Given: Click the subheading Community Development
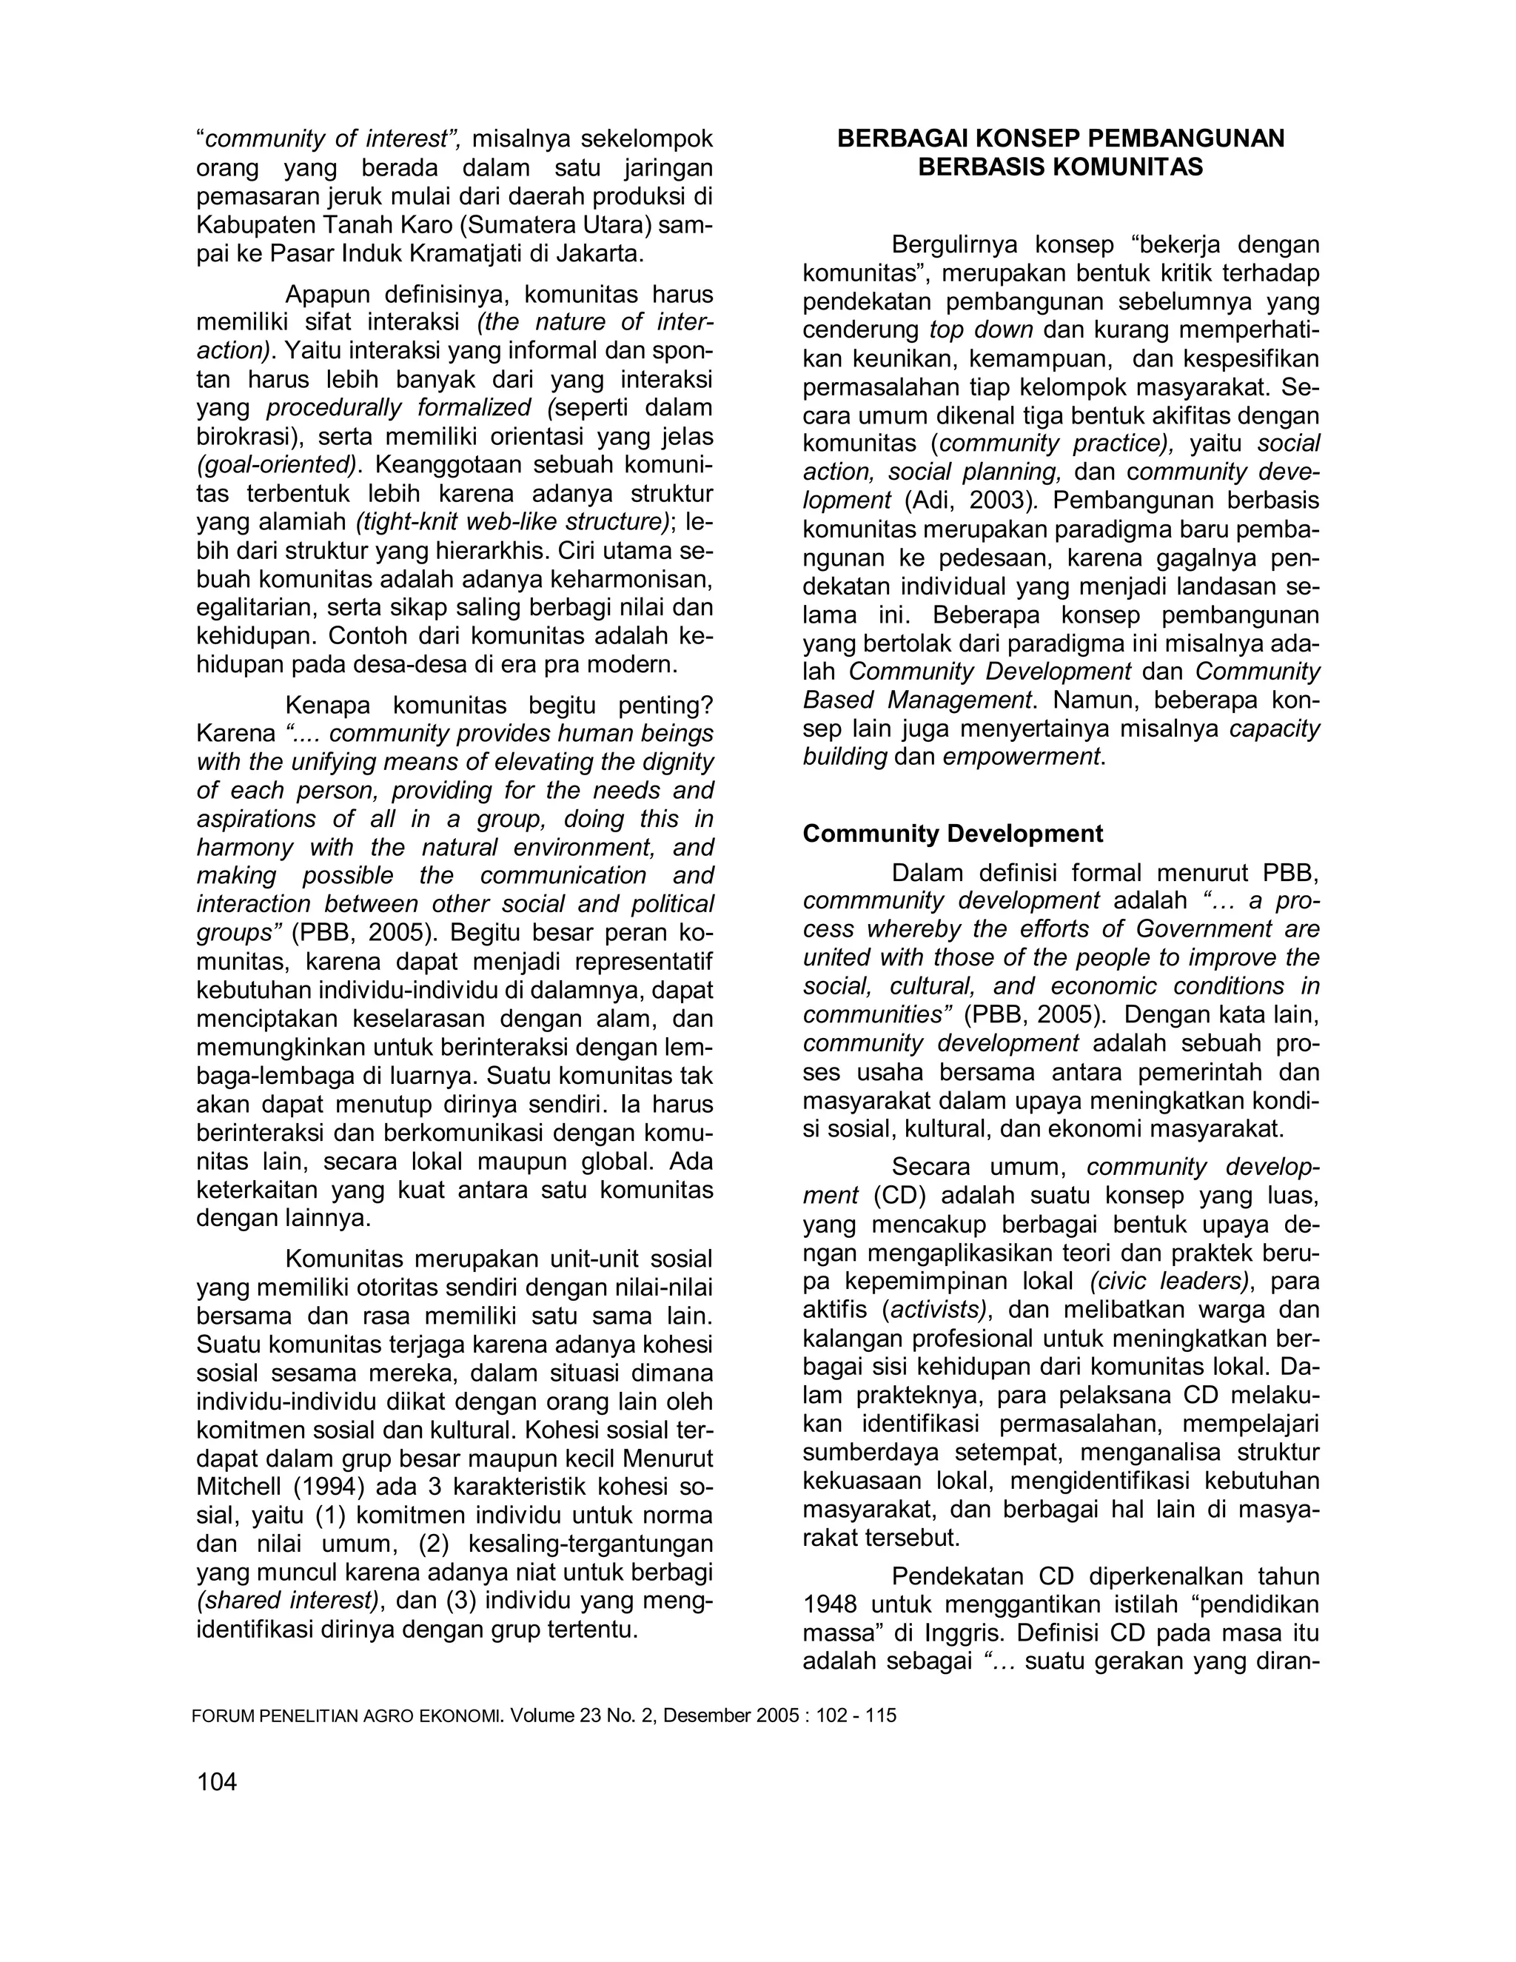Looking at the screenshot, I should [952, 834].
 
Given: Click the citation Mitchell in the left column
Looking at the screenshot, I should [239, 1487].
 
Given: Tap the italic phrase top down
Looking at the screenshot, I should [982, 329].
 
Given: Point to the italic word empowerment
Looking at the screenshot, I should [1021, 757].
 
